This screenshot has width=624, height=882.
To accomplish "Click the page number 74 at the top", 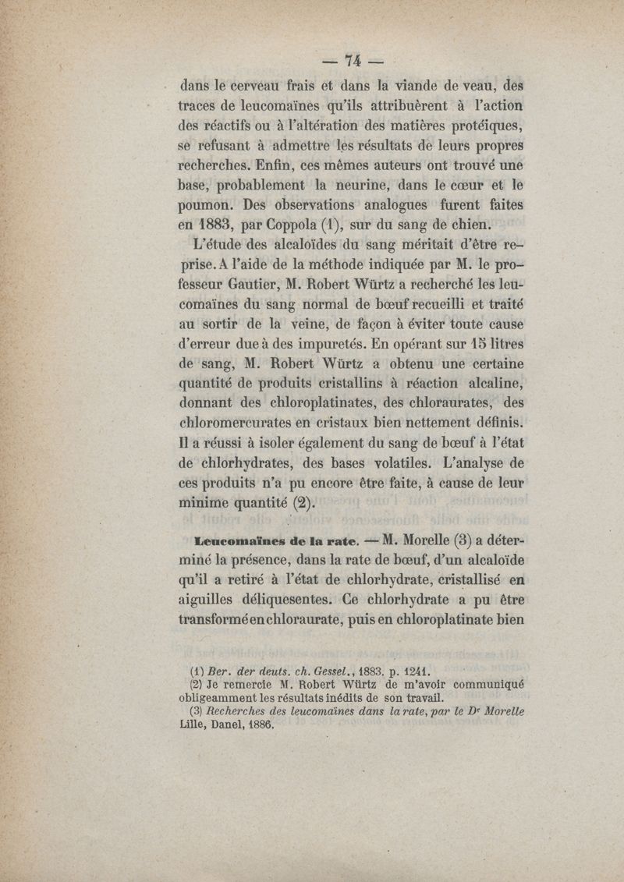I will pyautogui.click(x=355, y=63).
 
